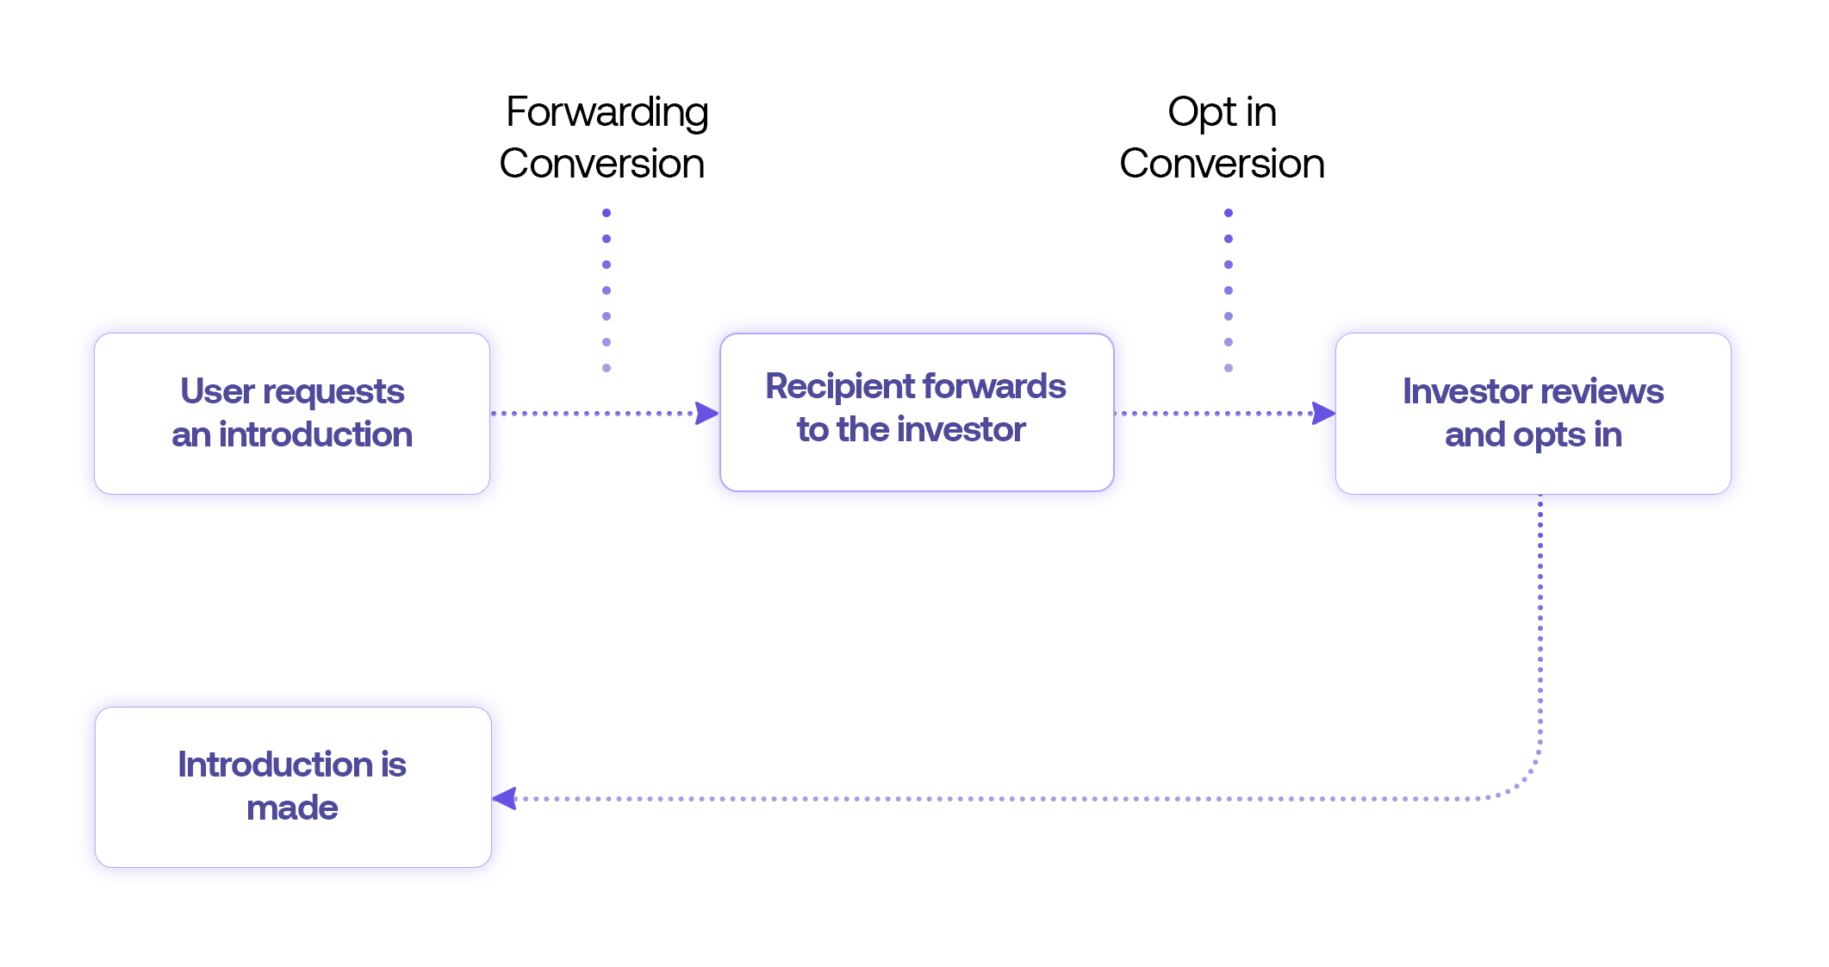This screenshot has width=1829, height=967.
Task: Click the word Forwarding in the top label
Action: point(607,113)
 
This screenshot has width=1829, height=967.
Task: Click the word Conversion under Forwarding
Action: point(601,164)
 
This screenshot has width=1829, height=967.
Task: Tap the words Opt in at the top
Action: point(1222,113)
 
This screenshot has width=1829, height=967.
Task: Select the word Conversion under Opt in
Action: point(1222,164)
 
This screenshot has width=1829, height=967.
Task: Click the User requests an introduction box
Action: point(292,414)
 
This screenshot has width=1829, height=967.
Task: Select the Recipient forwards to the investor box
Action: point(917,413)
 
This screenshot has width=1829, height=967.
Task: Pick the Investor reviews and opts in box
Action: point(1533,414)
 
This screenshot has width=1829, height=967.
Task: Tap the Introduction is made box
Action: point(293,787)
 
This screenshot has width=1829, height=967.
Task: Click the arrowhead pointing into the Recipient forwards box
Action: point(707,414)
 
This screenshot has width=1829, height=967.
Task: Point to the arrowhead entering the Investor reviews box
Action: point(1323,414)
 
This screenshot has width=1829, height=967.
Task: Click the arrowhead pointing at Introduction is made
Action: point(504,799)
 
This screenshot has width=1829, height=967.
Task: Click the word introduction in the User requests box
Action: point(315,434)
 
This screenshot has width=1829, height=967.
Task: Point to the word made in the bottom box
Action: point(292,808)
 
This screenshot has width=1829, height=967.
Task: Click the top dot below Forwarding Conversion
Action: point(607,213)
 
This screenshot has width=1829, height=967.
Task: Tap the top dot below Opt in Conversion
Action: point(1229,213)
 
